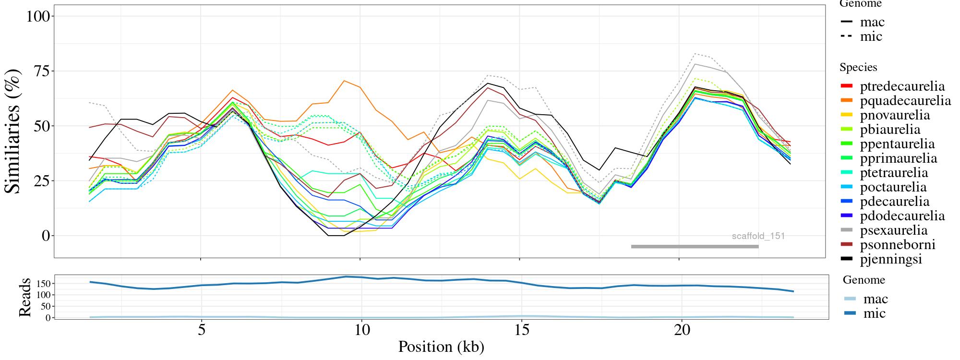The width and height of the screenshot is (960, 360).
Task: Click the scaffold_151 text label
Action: (758, 236)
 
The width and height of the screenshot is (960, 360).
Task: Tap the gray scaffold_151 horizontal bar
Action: (695, 247)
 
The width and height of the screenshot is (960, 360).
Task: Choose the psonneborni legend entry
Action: (890, 245)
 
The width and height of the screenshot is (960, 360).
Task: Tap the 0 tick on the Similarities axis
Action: (46, 236)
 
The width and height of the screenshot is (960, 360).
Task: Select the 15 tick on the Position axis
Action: (521, 331)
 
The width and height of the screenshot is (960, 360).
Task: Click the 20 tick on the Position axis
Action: (681, 331)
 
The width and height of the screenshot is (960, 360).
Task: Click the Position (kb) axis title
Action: (441, 347)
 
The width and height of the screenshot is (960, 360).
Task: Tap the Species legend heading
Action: (858, 68)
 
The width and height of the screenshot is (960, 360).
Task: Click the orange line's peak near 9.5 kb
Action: (344, 81)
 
